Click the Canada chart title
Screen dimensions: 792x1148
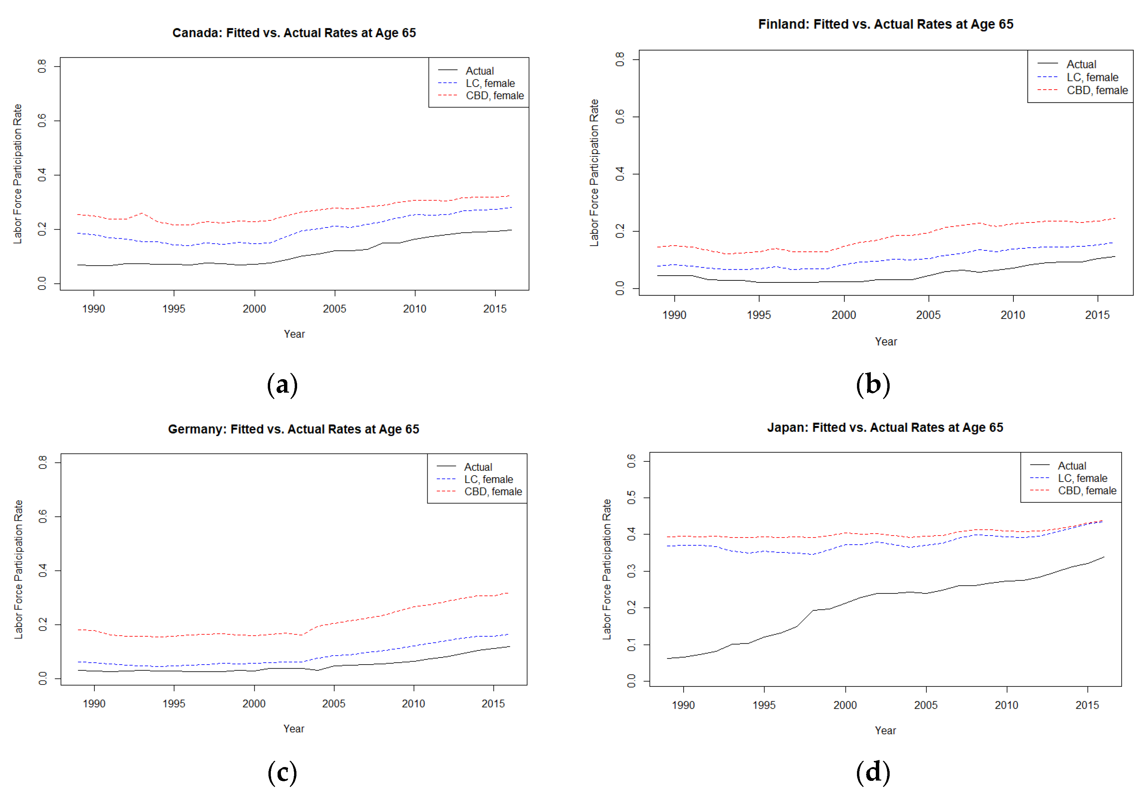[294, 33]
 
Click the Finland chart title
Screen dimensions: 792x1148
[885, 24]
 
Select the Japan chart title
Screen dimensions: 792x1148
[885, 427]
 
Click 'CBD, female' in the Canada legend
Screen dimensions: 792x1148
[494, 95]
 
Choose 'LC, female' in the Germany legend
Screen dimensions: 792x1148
[488, 479]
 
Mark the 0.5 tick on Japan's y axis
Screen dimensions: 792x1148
[631, 498]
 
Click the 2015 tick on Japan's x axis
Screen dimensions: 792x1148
[1087, 705]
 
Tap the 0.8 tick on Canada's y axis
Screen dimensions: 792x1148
[42, 66]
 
